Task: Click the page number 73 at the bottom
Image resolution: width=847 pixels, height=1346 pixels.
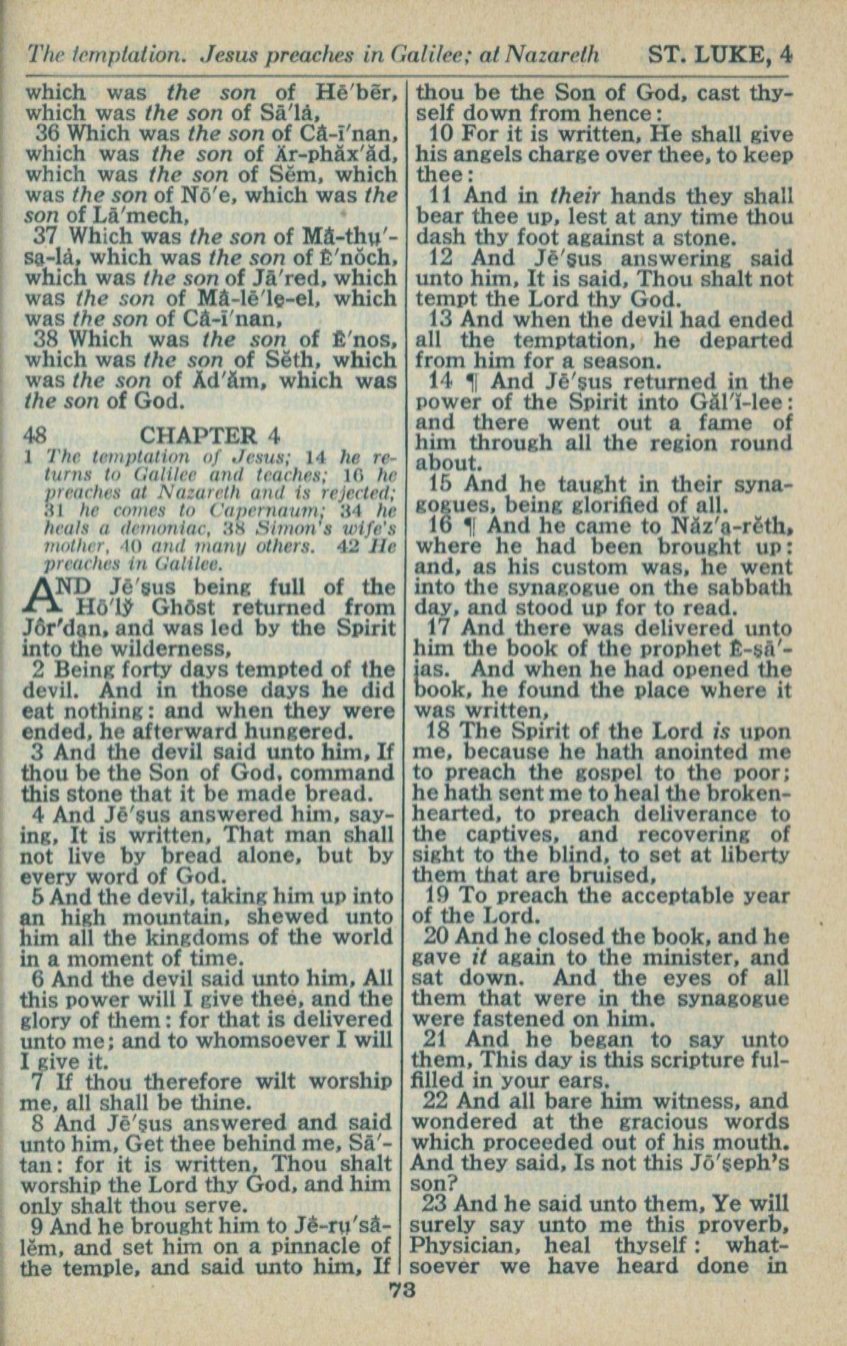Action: [x=403, y=1290]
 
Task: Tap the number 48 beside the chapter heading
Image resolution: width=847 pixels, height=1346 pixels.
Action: [x=36, y=435]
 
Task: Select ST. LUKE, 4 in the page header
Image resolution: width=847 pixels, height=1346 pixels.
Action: [x=719, y=55]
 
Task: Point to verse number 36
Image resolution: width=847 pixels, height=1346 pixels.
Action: [x=49, y=133]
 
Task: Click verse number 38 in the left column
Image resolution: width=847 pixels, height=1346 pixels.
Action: [x=49, y=339]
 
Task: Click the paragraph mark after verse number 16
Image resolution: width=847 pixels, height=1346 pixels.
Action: [x=468, y=527]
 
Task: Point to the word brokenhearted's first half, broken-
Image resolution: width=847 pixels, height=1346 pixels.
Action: [x=738, y=794]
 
